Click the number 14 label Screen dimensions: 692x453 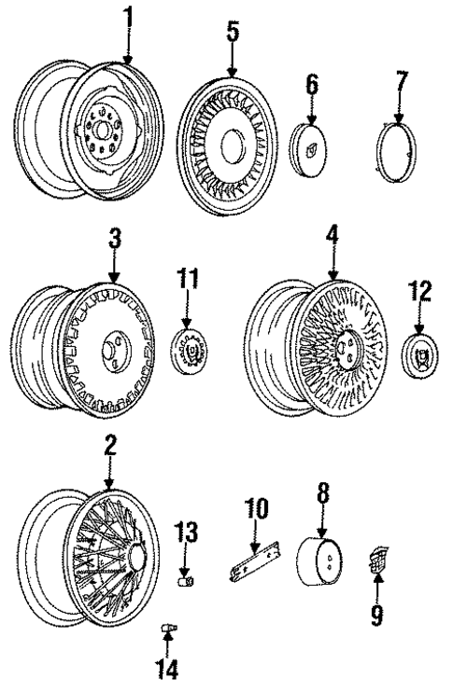coord(167,669)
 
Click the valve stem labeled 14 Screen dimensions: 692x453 coord(169,631)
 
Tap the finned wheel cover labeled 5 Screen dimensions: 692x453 coord(231,145)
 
